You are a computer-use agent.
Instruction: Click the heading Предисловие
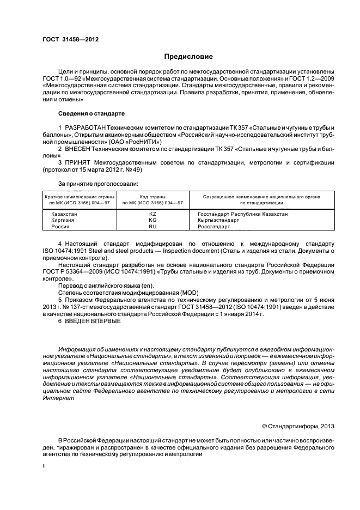[x=188, y=56]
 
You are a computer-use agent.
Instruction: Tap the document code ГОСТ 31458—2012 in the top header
[x=67, y=39]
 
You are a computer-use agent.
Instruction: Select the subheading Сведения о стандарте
[x=91, y=113]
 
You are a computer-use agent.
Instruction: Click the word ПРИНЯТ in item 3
[x=82, y=162]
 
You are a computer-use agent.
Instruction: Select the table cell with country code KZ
[x=152, y=214]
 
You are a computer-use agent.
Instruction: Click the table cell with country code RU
[x=152, y=226]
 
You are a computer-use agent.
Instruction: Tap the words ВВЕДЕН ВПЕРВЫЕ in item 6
[x=94, y=320]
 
